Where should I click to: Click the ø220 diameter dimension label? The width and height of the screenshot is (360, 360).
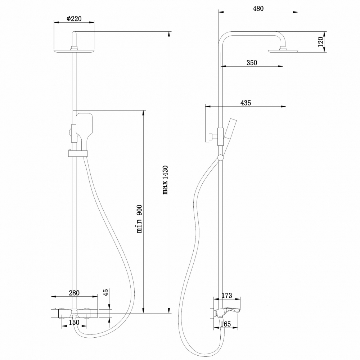point(74,19)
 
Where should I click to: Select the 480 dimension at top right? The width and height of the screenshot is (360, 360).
point(258,9)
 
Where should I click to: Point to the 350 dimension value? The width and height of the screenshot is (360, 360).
point(252,63)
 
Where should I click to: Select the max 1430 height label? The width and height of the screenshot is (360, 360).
point(165,180)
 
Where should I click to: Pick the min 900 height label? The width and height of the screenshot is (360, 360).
point(140,219)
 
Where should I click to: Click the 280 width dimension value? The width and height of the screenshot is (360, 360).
point(74,293)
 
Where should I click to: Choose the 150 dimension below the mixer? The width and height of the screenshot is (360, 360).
point(74,322)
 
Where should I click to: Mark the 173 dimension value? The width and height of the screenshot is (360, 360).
point(226,296)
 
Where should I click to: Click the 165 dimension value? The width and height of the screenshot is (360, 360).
point(225,324)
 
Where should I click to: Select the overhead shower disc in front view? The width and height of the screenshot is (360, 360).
point(74,51)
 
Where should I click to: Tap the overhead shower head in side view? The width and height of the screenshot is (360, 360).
point(283,51)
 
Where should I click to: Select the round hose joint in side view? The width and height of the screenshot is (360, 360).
point(220,157)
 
